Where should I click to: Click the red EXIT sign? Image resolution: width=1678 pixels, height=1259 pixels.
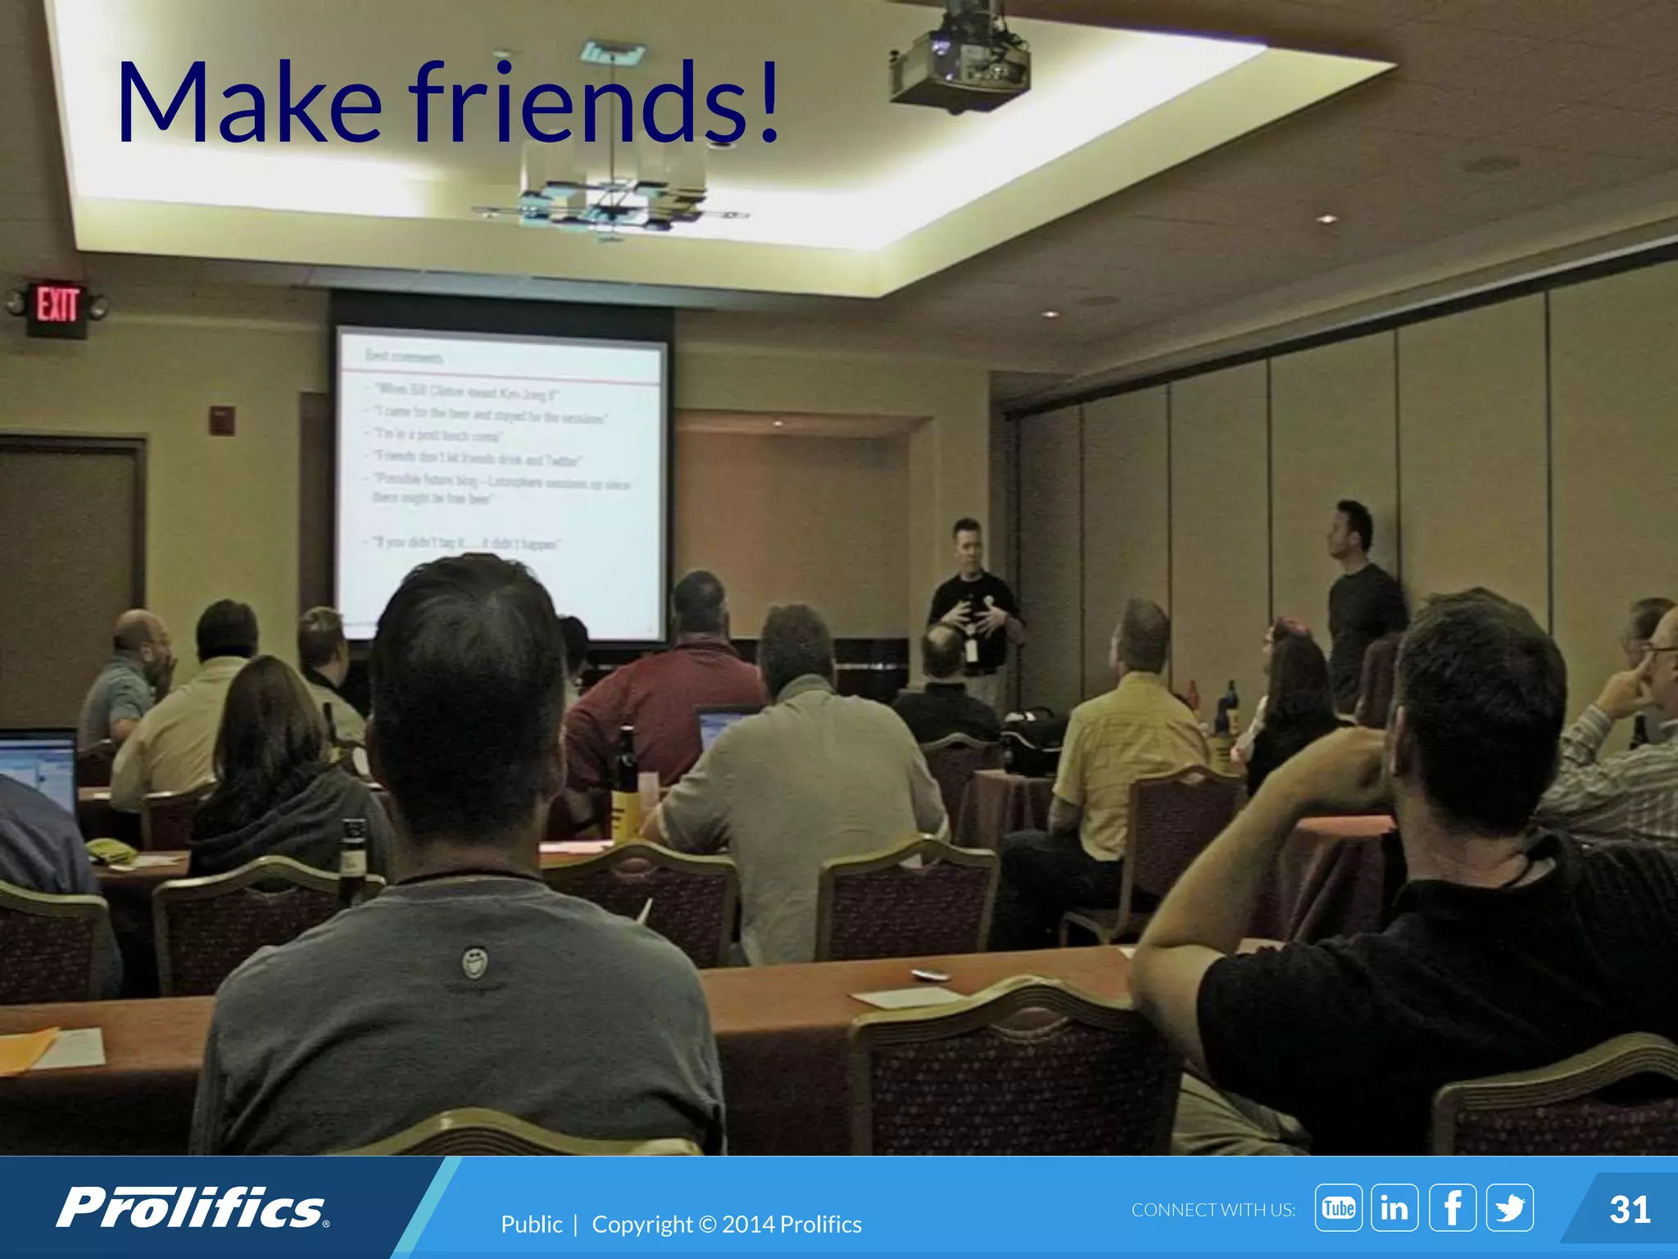pos(57,307)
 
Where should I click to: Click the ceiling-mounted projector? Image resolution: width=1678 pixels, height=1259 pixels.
pos(960,61)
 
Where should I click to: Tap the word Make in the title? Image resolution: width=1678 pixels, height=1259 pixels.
pos(250,104)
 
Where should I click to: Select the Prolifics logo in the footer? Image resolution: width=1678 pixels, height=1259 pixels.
pos(193,1208)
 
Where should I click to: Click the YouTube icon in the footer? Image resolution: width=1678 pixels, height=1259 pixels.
pos(1338,1207)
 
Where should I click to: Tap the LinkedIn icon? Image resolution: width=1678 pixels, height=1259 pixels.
pos(1395,1207)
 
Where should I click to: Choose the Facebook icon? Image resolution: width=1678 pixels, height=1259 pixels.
pos(1452,1207)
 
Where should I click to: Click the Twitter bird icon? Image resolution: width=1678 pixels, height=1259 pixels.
pos(1509,1207)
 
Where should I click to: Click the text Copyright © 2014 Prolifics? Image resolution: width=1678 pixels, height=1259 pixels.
pos(726,1225)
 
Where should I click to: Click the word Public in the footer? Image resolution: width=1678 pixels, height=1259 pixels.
pos(531,1225)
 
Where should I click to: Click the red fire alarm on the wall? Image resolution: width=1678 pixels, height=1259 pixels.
pos(222,420)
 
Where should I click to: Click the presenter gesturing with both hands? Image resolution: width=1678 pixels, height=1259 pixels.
pos(973,607)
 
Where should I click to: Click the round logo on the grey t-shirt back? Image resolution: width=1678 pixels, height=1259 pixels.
pos(474,961)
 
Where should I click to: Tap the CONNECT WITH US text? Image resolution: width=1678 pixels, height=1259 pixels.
pos(1213,1210)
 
